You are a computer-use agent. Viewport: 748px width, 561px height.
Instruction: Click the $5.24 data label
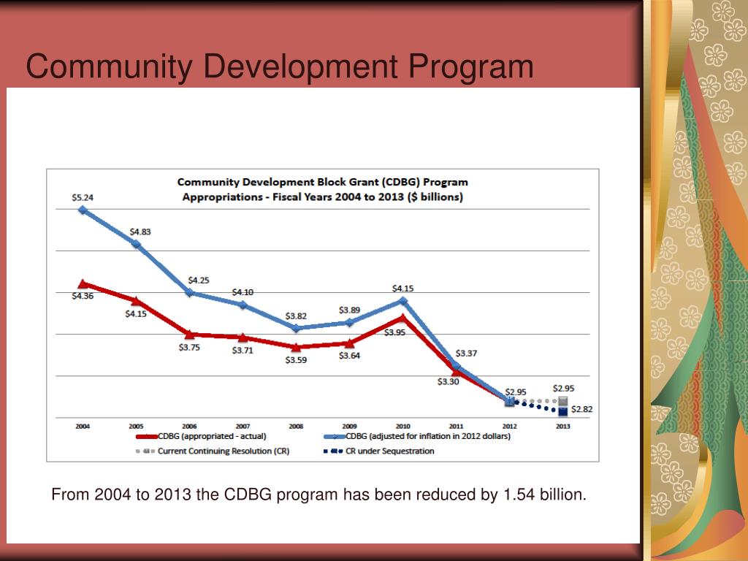click(83, 197)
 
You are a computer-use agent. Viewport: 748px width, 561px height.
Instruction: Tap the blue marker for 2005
click(136, 244)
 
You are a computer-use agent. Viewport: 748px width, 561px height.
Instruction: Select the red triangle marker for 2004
click(83, 283)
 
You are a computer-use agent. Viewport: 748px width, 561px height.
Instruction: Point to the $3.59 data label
click(296, 360)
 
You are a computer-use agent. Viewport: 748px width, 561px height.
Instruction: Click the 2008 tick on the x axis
click(296, 426)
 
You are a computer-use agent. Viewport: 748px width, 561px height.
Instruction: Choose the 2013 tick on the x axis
click(562, 426)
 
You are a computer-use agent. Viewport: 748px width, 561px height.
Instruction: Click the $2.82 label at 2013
click(582, 410)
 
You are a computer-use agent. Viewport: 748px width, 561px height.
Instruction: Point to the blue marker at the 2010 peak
click(402, 300)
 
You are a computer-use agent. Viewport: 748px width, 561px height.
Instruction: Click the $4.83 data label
click(140, 232)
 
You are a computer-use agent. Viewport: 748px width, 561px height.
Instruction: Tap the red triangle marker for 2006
click(189, 334)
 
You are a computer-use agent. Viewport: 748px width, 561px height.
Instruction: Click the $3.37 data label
click(467, 354)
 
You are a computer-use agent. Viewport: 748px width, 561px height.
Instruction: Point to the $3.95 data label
click(394, 332)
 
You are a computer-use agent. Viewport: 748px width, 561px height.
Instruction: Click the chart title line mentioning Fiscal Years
click(322, 196)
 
